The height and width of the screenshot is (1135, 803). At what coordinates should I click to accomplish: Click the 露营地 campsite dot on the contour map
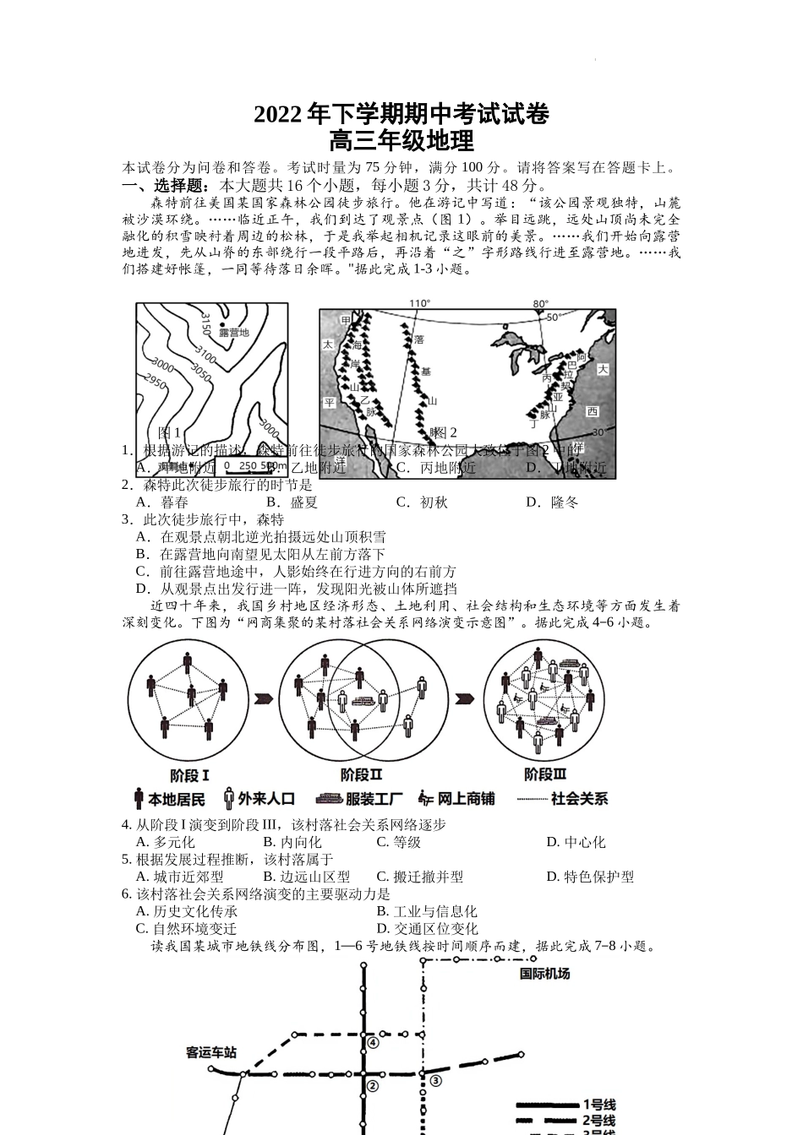point(222,325)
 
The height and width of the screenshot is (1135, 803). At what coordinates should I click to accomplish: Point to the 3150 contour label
point(205,322)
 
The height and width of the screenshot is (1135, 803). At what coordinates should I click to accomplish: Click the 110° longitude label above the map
point(419,303)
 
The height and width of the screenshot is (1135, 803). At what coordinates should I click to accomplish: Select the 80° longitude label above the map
point(539,303)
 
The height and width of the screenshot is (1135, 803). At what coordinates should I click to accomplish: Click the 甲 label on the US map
point(345,321)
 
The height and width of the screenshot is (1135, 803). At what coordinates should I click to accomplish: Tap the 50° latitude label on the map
point(553,318)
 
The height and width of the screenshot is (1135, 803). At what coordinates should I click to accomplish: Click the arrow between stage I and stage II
point(264,698)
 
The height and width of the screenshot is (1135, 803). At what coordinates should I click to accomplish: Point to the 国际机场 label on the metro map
point(544,974)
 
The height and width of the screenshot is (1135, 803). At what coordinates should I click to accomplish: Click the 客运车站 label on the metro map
point(211,1052)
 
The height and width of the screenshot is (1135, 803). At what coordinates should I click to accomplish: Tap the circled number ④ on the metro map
point(372,1042)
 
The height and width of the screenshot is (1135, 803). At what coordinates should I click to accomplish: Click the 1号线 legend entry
point(598,1105)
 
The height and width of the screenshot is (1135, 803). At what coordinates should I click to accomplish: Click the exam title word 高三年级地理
point(401,139)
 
